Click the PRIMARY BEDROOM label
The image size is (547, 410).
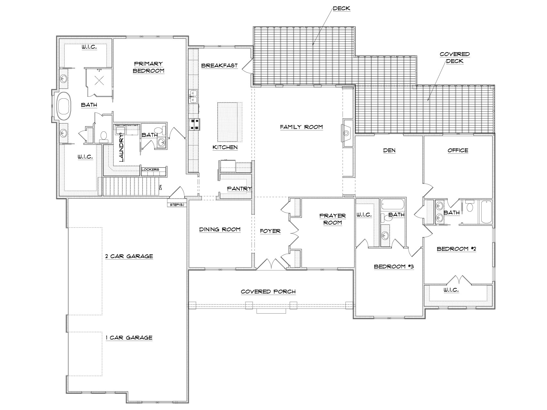pyautogui.click(x=148, y=67)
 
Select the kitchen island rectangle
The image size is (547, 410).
pyautogui.click(x=230, y=122)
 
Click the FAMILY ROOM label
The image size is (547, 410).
pyautogui.click(x=301, y=127)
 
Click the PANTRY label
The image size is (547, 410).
pyautogui.click(x=239, y=189)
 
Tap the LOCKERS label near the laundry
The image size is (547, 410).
pyautogui.click(x=150, y=169)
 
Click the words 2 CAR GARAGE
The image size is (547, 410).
pyautogui.click(x=129, y=256)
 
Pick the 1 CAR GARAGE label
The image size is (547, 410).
pyautogui.click(x=129, y=338)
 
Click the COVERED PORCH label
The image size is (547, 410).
pyautogui.click(x=268, y=291)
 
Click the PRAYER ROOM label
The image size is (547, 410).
pyautogui.click(x=333, y=219)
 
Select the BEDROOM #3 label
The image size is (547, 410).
pyautogui.click(x=394, y=266)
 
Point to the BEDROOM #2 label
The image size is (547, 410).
pyautogui.click(x=456, y=249)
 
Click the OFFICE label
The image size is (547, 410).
pyautogui.click(x=458, y=150)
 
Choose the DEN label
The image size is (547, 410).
pyautogui.click(x=389, y=150)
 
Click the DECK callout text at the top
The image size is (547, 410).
pyautogui.click(x=342, y=9)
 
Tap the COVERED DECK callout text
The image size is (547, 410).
pyautogui.click(x=454, y=57)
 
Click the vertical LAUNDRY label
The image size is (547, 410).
pyautogui.click(x=121, y=148)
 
